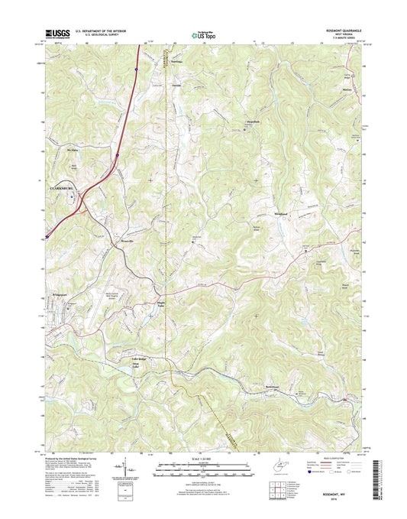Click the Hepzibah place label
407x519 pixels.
(253, 122)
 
